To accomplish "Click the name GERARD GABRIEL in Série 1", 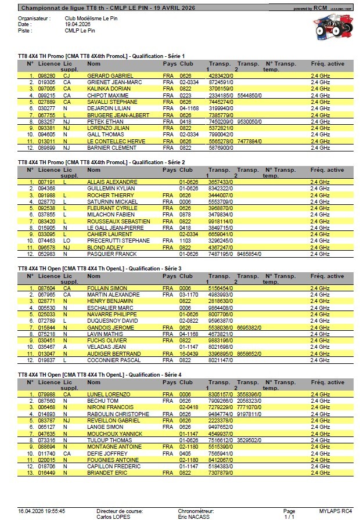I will pyautogui.click(x=110, y=75).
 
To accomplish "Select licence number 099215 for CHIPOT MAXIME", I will pyautogui.click(x=46, y=95).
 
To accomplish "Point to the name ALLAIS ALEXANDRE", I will pyautogui.click(x=111, y=182).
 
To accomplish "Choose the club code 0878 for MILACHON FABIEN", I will pyautogui.click(x=185, y=214).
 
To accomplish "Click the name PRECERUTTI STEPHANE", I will pyautogui.click(x=118, y=240).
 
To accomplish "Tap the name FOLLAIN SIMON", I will pyautogui.click(x=107, y=288).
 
